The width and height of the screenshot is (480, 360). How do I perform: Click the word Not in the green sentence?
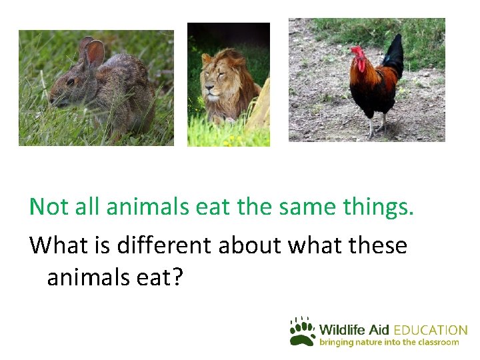click(49, 207)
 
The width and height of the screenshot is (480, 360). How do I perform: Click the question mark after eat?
click(176, 277)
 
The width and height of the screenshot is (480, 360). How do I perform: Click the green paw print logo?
click(302, 331)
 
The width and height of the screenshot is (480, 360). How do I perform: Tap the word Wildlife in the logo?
click(344, 330)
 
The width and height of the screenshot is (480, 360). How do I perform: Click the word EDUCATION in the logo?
click(431, 330)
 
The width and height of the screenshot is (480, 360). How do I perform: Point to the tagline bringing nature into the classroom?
click(389, 343)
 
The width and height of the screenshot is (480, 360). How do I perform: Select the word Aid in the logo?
click(381, 330)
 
